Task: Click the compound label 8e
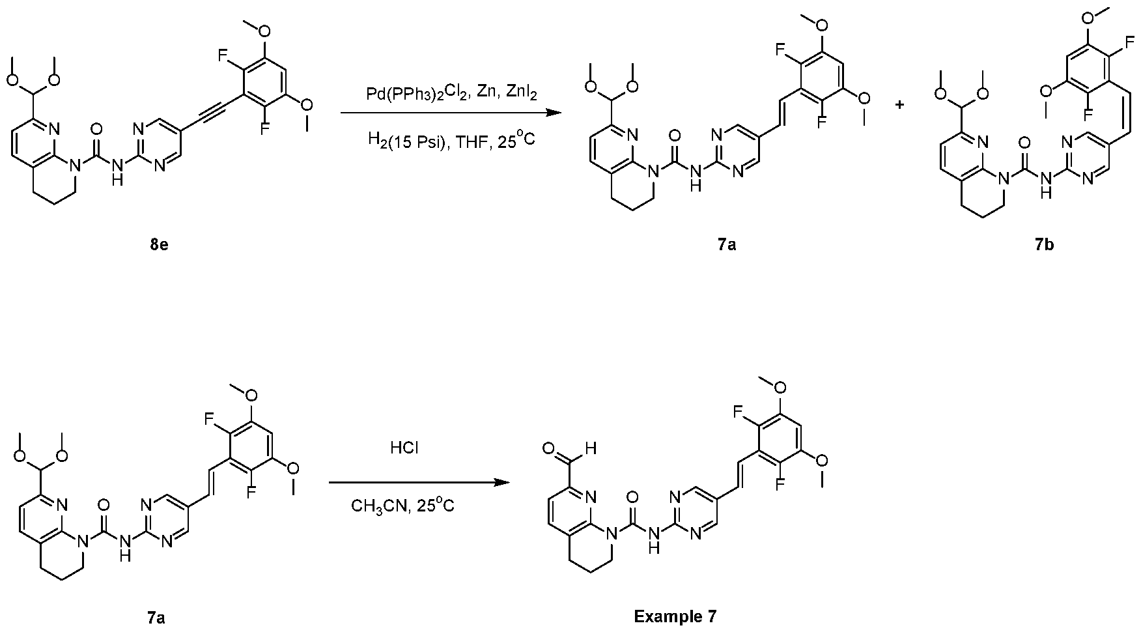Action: tap(158, 245)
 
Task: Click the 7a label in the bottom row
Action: tap(156, 616)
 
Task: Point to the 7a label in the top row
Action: tap(727, 245)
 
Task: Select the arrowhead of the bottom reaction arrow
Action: tap(501, 483)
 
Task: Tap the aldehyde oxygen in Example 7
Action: tap(549, 449)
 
